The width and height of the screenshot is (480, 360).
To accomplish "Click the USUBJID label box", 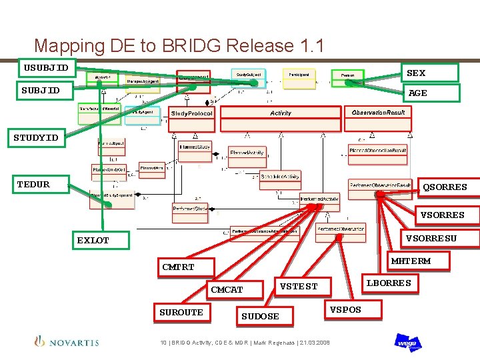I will point(46,67).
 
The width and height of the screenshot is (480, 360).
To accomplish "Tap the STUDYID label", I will point(37,138).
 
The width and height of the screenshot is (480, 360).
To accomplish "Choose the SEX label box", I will point(429,73).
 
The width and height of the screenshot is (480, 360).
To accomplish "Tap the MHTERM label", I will point(411,261).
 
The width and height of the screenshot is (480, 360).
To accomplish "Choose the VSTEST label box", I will point(298,287).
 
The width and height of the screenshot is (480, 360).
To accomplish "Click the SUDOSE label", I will point(260,316).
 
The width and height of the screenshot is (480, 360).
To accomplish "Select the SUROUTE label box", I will point(181,312).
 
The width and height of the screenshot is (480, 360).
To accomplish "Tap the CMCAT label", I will point(227,290).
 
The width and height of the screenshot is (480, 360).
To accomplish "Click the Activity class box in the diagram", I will point(281,113).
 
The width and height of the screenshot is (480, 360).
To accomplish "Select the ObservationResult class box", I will point(379,112).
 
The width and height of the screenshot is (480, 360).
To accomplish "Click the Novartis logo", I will point(67,342).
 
